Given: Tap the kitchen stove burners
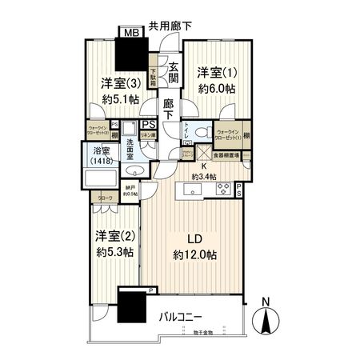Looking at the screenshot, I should click(222, 190).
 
